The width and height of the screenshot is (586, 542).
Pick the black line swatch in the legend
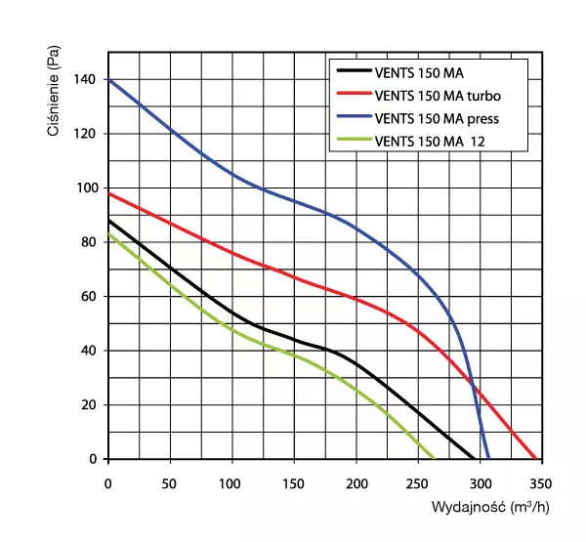tap(353, 73)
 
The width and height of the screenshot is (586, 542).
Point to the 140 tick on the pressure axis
tap(86, 79)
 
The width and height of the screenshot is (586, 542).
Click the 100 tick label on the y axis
tap(86, 188)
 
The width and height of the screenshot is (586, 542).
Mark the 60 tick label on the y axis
tap(89, 296)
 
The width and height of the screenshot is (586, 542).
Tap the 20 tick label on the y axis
tap(89, 404)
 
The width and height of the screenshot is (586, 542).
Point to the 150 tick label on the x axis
tap(294, 482)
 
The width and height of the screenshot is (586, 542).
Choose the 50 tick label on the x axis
tap(171, 482)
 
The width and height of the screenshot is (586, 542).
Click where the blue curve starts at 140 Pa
tap(109, 80)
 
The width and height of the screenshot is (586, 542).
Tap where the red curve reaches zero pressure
tap(536, 458)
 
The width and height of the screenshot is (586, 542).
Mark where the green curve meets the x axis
tap(434, 458)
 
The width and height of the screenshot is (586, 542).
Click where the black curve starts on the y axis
tap(109, 221)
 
